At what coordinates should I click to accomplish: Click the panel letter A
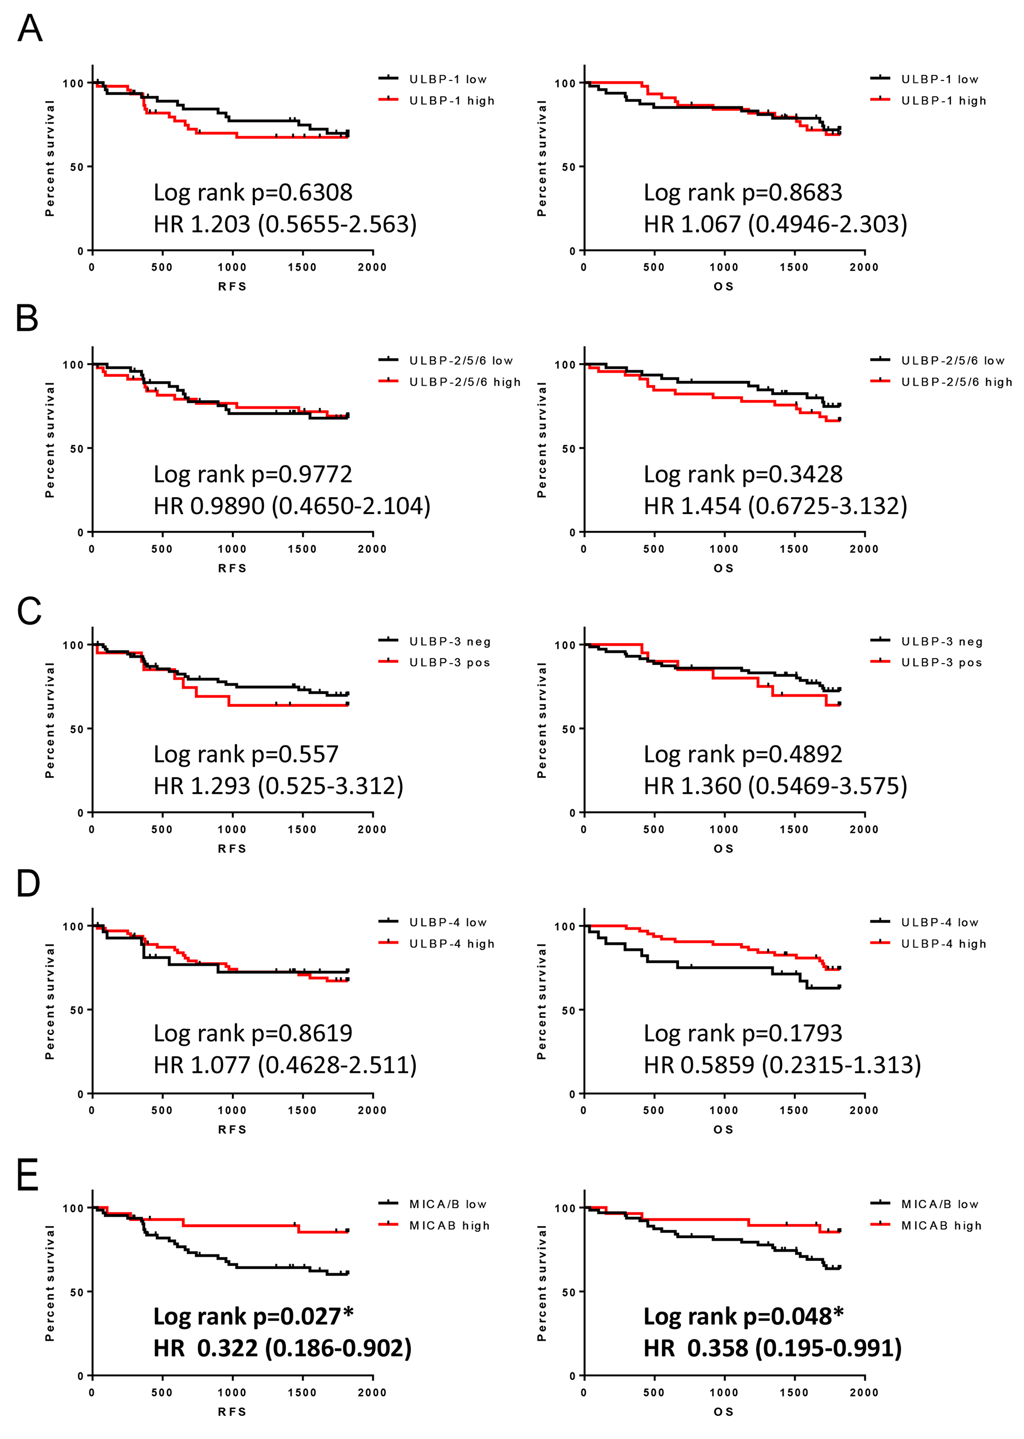click(x=30, y=29)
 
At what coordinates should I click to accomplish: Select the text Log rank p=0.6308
click(x=253, y=193)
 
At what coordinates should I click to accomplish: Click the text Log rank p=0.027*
click(x=253, y=1316)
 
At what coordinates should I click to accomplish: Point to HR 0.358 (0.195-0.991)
click(x=773, y=1348)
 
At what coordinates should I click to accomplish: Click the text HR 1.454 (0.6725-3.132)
click(x=775, y=506)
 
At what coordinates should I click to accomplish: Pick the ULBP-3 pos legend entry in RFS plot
click(x=449, y=662)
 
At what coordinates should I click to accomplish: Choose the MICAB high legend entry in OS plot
click(x=941, y=1225)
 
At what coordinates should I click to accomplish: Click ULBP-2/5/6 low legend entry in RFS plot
click(x=460, y=361)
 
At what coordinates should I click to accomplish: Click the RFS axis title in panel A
click(x=232, y=286)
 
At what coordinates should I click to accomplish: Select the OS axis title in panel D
click(x=723, y=1129)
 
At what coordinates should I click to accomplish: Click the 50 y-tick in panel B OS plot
click(x=568, y=449)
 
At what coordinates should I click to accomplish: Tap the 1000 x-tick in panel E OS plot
click(x=723, y=1392)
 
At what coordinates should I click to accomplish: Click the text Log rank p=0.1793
click(x=743, y=1033)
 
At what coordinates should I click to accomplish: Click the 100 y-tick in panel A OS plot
click(x=564, y=83)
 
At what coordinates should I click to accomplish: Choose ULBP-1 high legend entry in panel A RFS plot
click(x=452, y=101)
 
